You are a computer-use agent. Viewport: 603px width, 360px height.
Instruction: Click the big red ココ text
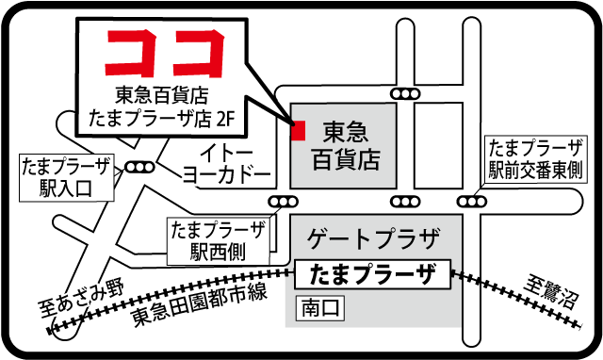[166, 53]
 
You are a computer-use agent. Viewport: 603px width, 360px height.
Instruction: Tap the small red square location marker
[299, 131]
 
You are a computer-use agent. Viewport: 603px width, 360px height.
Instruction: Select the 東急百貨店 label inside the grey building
[346, 145]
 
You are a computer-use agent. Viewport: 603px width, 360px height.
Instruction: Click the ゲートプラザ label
[373, 238]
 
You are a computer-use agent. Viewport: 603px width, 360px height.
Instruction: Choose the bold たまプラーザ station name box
[372, 274]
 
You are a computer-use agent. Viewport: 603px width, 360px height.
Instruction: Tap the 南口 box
[320, 308]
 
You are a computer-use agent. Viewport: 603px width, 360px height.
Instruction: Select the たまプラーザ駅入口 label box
[67, 177]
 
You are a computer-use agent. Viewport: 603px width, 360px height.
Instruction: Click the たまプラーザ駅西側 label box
[219, 241]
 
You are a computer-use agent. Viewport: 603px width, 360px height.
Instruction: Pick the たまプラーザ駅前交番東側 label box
[536, 159]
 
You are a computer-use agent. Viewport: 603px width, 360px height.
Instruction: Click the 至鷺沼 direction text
[551, 292]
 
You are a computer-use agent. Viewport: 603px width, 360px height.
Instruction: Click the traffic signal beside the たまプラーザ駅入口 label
[139, 168]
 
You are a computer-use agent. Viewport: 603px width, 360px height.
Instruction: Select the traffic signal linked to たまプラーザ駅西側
[283, 202]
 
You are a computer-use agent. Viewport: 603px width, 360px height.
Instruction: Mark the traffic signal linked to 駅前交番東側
[472, 202]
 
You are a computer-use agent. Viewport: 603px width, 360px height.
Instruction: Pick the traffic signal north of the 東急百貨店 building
[405, 93]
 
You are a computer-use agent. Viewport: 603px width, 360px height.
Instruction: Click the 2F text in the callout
[226, 119]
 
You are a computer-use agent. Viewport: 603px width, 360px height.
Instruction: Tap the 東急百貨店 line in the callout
[162, 95]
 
